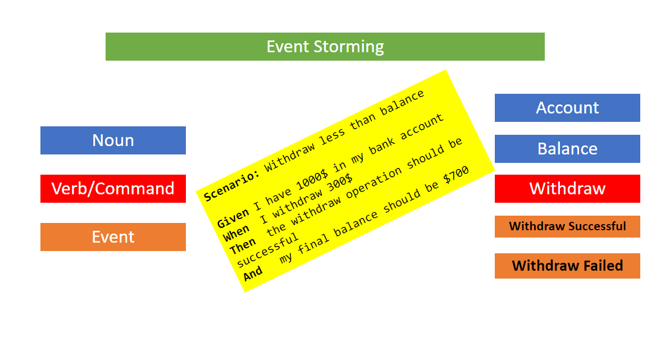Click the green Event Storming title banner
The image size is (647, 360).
coord(325,47)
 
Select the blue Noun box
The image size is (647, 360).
coord(113,140)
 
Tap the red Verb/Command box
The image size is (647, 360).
coord(113,189)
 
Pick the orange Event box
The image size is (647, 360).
coord(113,237)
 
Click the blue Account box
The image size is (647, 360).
coord(567,108)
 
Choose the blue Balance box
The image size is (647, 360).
coord(567,149)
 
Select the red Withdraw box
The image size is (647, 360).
coord(567,189)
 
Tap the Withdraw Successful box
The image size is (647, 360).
coord(567,226)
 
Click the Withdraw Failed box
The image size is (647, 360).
coord(567,266)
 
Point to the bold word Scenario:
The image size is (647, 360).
coord(231,186)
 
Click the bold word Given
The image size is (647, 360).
coord(233,218)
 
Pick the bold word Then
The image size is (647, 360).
coord(243,246)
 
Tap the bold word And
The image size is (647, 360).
coord(253,274)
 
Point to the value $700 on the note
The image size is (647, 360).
coord(456,175)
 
